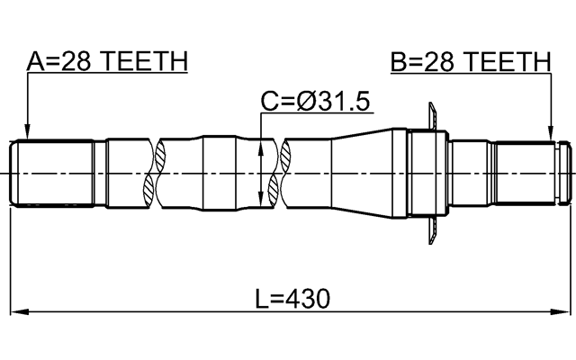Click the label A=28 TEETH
(106, 61)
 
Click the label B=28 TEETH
(470, 61)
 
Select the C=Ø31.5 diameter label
(316, 102)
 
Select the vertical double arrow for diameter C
(261, 171)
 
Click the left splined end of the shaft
(54, 171)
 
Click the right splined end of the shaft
(531, 171)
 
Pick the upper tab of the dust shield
(432, 114)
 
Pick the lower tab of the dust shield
(432, 230)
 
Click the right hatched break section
(285, 171)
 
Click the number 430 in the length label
(308, 298)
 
